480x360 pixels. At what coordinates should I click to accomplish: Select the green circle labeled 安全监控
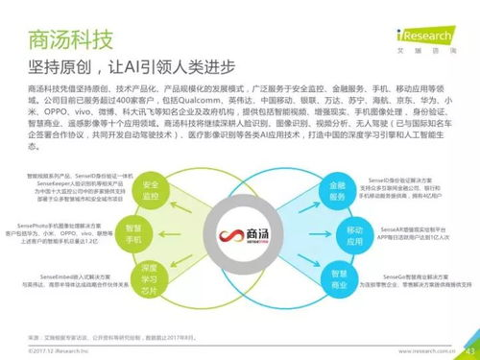(152, 189)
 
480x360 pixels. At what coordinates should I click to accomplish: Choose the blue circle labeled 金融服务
(328, 188)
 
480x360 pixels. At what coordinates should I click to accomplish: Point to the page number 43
(468, 350)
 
